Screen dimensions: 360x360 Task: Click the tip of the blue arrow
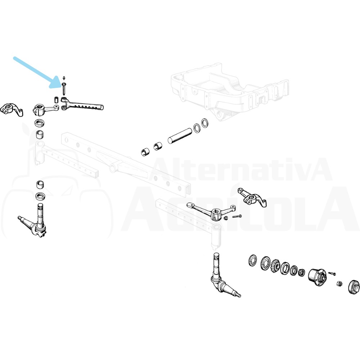[50, 87]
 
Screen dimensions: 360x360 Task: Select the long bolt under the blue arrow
[64, 89]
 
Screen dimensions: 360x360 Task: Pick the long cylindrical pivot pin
[180, 136]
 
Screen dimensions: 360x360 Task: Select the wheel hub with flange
[317, 277]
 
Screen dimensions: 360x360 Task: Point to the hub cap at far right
[354, 287]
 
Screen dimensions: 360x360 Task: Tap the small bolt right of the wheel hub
[332, 274]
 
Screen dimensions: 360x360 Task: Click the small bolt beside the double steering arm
[237, 216]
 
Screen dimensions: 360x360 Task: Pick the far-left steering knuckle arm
[11, 110]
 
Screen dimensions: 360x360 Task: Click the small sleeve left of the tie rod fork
[56, 100]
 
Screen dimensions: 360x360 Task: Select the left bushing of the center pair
[145, 152]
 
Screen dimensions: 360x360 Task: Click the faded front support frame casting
[230, 92]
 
